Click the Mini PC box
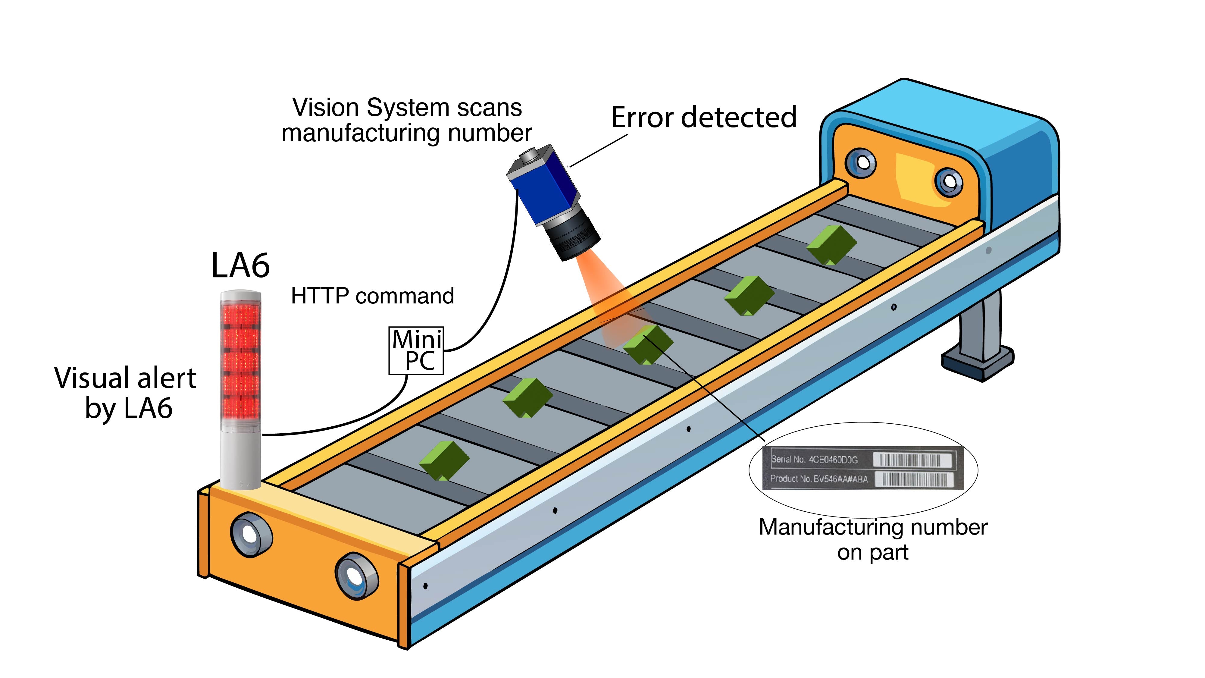pos(416,350)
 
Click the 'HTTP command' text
pos(372,296)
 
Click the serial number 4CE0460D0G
pos(833,460)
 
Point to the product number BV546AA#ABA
pos(840,479)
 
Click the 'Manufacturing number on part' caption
pos(873,539)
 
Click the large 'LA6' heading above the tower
pos(240,265)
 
